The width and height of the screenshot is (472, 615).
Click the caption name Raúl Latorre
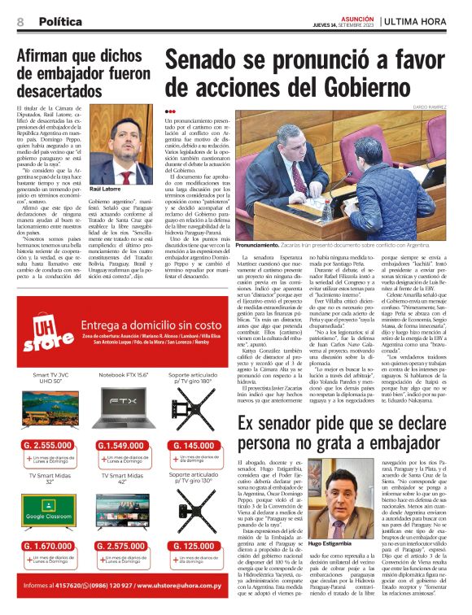tap(106, 188)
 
